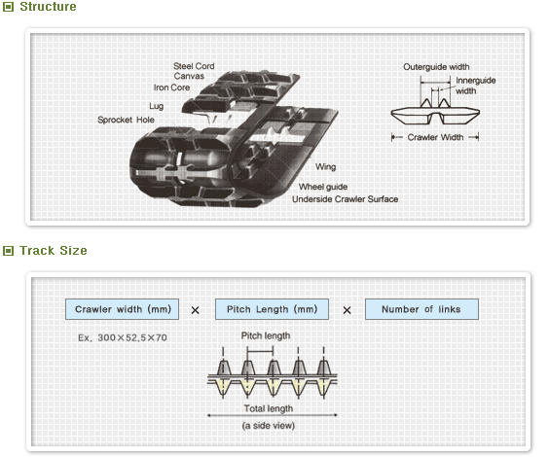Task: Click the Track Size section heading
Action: (54, 251)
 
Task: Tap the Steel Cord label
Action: (194, 66)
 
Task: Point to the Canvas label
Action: (190, 76)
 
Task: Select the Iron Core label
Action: (171, 87)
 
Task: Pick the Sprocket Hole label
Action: (126, 120)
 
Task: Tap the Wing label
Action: (325, 167)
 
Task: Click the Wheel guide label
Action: (322, 187)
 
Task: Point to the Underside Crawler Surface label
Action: (345, 199)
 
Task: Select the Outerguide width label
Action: (436, 67)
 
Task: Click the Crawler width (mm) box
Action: (123, 309)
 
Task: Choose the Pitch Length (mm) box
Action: (272, 309)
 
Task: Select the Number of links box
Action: (422, 309)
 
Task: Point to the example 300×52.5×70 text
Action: (122, 337)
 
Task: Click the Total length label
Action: (268, 408)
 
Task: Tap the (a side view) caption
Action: (268, 425)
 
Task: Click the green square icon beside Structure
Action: (9, 8)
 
